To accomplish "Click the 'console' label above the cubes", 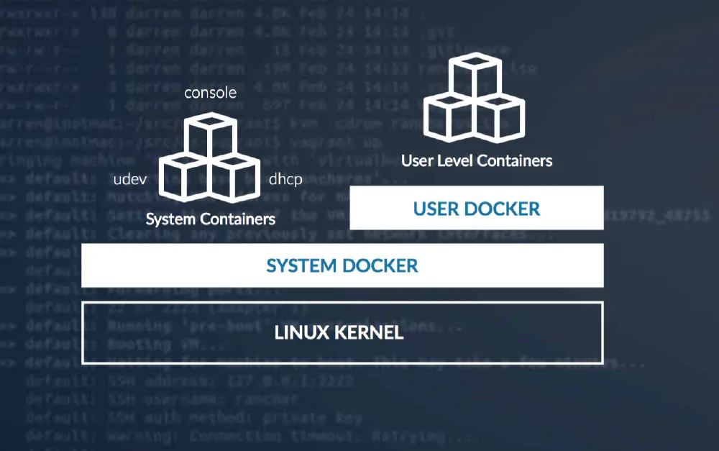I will pos(210,94).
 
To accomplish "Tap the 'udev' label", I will pos(130,180).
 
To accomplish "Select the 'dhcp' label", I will pos(285,180).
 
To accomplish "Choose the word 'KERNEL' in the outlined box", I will pos(370,333).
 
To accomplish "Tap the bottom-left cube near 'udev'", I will pos(180,176).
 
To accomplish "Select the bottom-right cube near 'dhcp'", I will pos(236,176).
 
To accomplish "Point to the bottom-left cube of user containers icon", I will pos(446,115).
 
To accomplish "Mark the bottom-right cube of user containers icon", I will pos(502,115).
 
